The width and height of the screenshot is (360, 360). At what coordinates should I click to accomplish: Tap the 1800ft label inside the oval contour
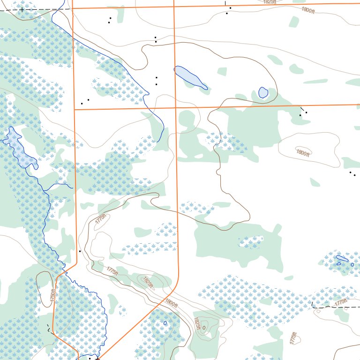[x=303, y=152]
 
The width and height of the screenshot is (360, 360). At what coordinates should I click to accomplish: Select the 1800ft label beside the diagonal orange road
[x=172, y=303]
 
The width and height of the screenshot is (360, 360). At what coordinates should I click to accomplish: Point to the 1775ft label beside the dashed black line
[x=342, y=302]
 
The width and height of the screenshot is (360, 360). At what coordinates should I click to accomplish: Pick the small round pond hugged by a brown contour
[x=263, y=92]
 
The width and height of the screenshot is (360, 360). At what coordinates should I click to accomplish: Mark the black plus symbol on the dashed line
[x=22, y=9]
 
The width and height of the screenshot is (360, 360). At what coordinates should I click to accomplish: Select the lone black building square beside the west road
[x=80, y=251]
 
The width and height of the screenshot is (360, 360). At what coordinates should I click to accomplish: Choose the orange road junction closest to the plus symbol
[x=73, y=8]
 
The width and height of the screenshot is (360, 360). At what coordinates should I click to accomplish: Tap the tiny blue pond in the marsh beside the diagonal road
[x=165, y=322]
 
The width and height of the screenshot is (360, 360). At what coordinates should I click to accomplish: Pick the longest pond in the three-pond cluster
[x=342, y=258]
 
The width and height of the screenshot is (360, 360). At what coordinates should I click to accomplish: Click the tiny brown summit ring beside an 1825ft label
[x=203, y=328]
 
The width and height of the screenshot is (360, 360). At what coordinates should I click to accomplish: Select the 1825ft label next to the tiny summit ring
[x=197, y=323]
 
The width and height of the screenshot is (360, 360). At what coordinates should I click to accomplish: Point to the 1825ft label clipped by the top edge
[x=270, y=2]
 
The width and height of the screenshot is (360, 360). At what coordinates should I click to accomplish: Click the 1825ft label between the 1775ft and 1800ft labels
[x=147, y=282]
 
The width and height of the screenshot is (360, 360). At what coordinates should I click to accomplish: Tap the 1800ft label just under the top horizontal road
[x=308, y=9]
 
